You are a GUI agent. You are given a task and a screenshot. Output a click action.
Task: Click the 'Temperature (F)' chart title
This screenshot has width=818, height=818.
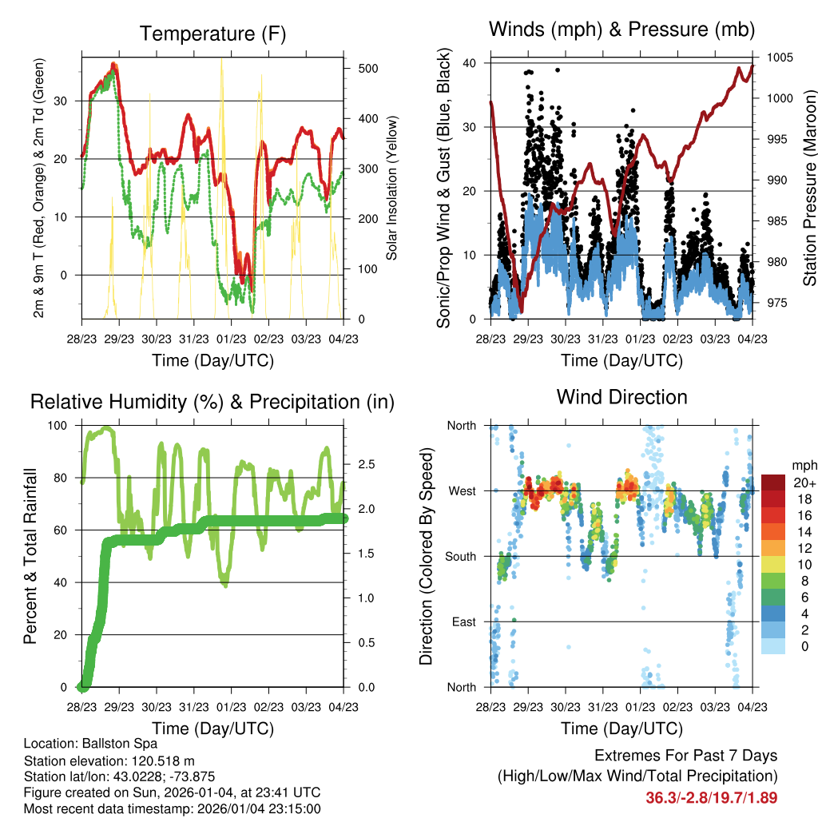pos(212,34)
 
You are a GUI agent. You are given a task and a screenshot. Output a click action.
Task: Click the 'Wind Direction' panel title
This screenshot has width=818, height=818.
pos(621,397)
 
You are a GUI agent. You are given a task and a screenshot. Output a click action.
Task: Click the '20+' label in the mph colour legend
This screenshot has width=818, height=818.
pos(803,482)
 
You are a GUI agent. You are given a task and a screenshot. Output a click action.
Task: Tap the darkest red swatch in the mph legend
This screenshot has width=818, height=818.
pos(772,482)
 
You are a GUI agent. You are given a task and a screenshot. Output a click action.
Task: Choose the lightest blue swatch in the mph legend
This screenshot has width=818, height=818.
pos(772,645)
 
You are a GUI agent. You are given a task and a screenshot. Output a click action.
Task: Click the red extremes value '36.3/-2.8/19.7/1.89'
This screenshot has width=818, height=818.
pos(711,797)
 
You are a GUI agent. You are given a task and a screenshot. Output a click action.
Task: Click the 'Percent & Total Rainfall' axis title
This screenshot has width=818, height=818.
pos(30,556)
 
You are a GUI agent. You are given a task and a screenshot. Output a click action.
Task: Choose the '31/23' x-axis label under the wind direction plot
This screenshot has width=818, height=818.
pos(602,707)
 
